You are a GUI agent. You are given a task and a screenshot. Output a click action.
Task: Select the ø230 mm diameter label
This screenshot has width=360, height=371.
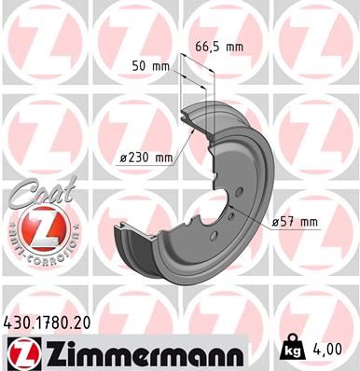tap(146, 158)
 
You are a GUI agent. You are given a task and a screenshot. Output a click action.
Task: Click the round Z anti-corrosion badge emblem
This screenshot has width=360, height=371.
tap(35, 229)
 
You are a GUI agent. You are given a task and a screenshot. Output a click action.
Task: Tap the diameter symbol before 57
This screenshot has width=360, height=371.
tap(277, 221)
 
